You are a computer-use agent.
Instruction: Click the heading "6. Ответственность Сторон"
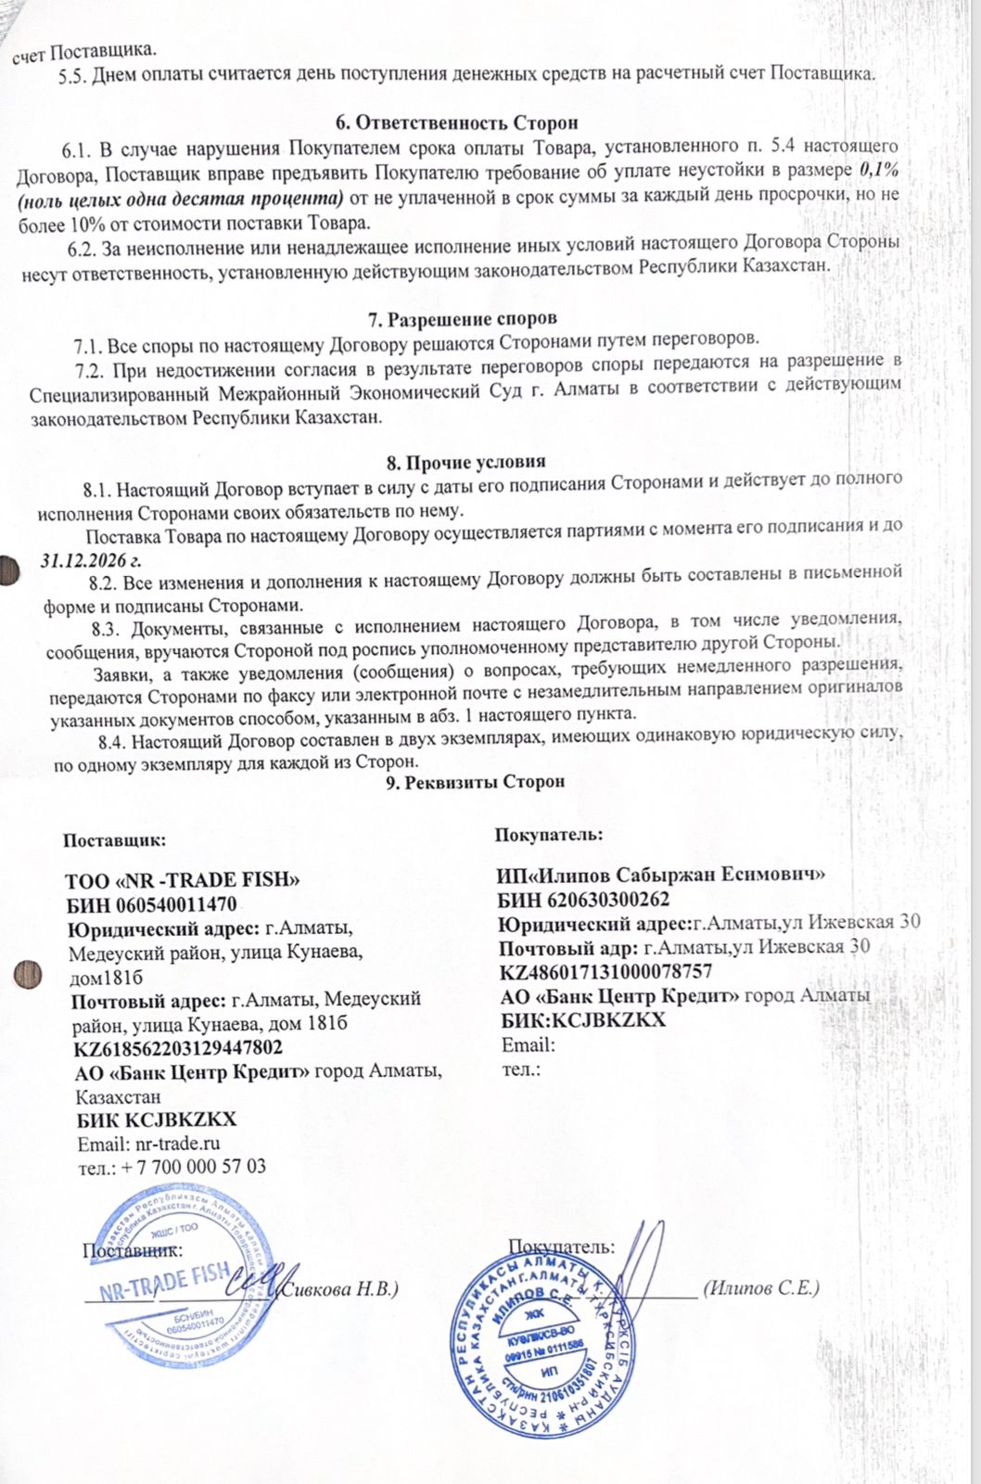(455, 122)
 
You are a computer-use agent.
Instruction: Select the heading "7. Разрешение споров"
(463, 321)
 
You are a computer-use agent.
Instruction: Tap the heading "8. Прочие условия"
(465, 462)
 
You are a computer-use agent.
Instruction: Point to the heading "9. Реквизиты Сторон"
(475, 782)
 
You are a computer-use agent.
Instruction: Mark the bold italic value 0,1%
(880, 171)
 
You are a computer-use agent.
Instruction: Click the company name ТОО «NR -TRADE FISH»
(183, 880)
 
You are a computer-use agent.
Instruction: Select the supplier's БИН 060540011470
(151, 904)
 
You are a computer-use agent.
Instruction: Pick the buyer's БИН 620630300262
(583, 899)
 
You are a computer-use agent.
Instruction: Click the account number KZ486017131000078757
(605, 971)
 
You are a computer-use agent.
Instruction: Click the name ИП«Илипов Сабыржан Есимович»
(661, 874)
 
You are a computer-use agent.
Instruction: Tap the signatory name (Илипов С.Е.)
(761, 1287)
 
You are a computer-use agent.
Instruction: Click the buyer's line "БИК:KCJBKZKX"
(582, 1019)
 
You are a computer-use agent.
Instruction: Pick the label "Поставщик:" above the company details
(114, 841)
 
